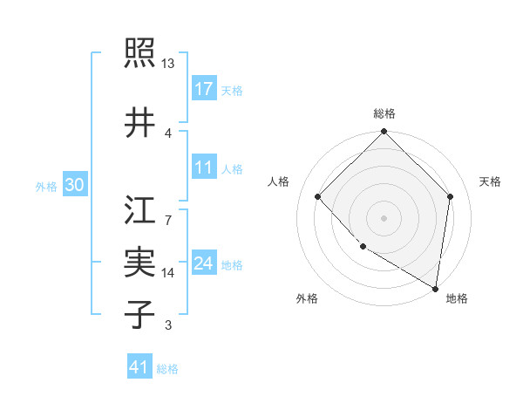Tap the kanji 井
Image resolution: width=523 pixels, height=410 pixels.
click(x=139, y=123)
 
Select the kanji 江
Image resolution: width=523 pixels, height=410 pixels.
click(x=139, y=209)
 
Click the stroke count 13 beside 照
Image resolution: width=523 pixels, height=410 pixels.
click(x=168, y=64)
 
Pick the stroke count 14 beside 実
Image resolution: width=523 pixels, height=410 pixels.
click(x=168, y=273)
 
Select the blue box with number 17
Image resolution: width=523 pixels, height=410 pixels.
click(x=204, y=89)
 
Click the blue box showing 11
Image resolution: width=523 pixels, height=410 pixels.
click(x=204, y=167)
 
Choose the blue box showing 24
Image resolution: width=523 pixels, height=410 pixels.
click(x=204, y=263)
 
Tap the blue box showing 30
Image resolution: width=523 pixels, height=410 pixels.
click(x=74, y=185)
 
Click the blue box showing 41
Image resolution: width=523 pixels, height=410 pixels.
click(x=139, y=367)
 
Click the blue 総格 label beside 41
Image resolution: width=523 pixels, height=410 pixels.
click(x=167, y=369)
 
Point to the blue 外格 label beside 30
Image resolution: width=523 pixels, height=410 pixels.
click(x=46, y=186)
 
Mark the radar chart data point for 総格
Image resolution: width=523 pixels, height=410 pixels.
click(x=384, y=133)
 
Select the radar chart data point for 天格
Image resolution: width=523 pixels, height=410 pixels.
click(x=451, y=196)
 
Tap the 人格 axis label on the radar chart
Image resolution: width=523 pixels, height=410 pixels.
click(x=279, y=181)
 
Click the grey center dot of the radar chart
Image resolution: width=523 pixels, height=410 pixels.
click(x=384, y=217)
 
